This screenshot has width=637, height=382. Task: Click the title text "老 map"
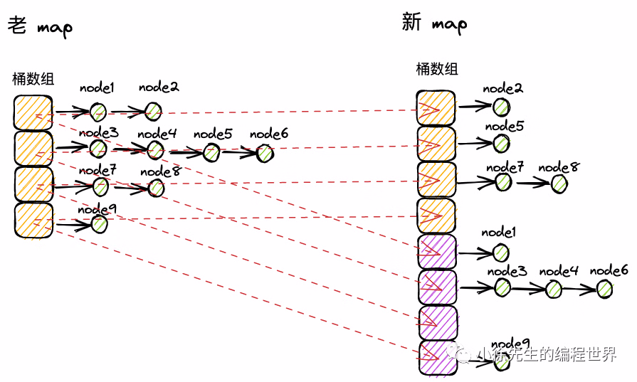tap(40, 27)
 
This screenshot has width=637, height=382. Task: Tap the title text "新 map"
tap(434, 23)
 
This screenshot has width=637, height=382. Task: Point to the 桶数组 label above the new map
tap(437, 69)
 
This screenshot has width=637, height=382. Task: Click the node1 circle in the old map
tap(98, 111)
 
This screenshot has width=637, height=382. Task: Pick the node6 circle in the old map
tap(265, 152)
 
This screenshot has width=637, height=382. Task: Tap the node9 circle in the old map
tap(99, 224)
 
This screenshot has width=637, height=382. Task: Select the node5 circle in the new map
tap(502, 143)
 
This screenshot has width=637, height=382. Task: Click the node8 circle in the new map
tap(559, 183)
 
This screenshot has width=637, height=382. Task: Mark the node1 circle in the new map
tap(502, 252)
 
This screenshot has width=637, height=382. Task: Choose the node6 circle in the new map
tap(605, 288)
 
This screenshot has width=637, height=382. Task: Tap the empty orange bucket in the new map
tap(436, 216)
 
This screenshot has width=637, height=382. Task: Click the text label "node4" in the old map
tap(157, 133)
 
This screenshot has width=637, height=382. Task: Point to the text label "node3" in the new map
tap(507, 271)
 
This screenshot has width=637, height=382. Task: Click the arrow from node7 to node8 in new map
tap(533, 183)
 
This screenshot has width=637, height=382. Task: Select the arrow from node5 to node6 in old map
tap(238, 152)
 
